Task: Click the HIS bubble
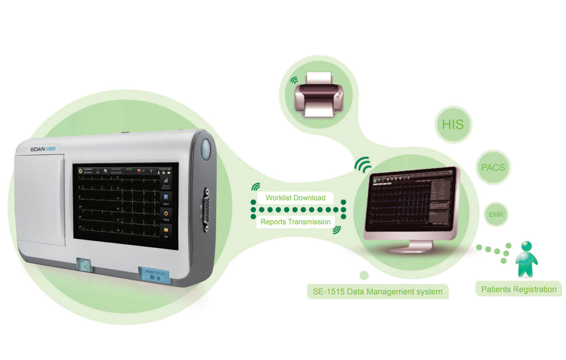(453, 124)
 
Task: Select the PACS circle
(493, 167)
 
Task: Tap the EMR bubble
(496, 215)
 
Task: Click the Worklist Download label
(295, 198)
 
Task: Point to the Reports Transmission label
(295, 222)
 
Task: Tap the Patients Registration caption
(518, 289)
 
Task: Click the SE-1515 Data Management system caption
(377, 292)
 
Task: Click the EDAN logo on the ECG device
(38, 149)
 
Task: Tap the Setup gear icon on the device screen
(166, 214)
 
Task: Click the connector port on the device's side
(206, 209)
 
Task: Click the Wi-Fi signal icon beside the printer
(294, 80)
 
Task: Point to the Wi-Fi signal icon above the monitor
(363, 164)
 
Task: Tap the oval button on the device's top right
(205, 149)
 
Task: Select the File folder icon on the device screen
(166, 230)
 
